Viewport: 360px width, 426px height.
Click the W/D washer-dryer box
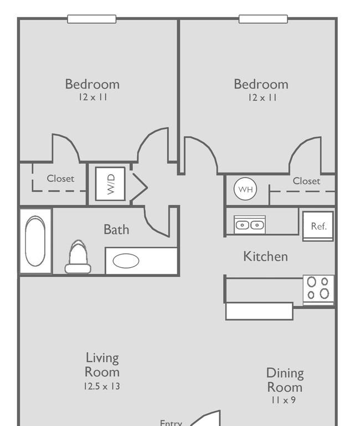point(110,184)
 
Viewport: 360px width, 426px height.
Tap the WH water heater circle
point(245,189)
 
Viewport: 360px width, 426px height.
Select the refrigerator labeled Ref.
point(318,226)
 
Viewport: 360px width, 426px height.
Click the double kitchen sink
point(250,225)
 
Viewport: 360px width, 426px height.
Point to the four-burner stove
point(318,289)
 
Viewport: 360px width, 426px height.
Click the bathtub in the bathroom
point(35,241)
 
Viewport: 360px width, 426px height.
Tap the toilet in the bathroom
point(78,257)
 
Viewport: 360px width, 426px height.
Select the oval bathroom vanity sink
point(126,261)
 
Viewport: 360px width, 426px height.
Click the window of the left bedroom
point(92,19)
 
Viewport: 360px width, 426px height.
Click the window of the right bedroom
point(263,19)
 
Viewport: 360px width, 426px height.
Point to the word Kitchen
point(265,257)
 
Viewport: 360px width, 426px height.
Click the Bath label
point(116,230)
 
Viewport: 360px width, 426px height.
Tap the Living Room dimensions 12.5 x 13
point(102,386)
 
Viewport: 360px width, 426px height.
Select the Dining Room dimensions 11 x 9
point(283,400)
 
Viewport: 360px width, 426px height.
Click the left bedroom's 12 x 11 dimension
point(93,97)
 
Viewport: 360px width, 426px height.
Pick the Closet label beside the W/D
point(60,179)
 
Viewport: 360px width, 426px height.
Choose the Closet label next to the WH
point(306,181)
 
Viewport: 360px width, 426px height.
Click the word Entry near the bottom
point(171,423)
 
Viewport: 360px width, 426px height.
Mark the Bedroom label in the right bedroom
point(261,84)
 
